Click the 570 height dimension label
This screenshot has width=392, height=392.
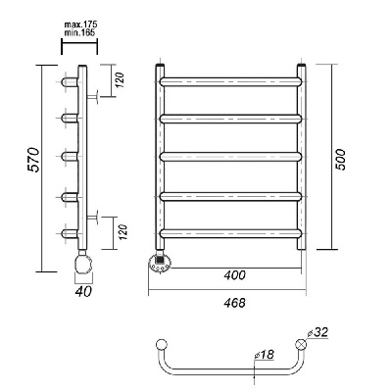[x=33, y=160]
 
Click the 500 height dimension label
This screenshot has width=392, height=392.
[x=340, y=160]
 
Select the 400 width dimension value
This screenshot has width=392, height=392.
[x=234, y=275]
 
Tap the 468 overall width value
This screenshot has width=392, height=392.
[x=234, y=303]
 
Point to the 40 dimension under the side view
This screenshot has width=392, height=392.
[x=83, y=291]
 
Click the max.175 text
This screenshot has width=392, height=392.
[x=80, y=24]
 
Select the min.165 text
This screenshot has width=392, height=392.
[x=79, y=32]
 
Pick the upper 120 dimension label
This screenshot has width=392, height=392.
[x=121, y=80]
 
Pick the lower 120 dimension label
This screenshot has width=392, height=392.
[x=122, y=232]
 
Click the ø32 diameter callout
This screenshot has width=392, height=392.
[x=318, y=332]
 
